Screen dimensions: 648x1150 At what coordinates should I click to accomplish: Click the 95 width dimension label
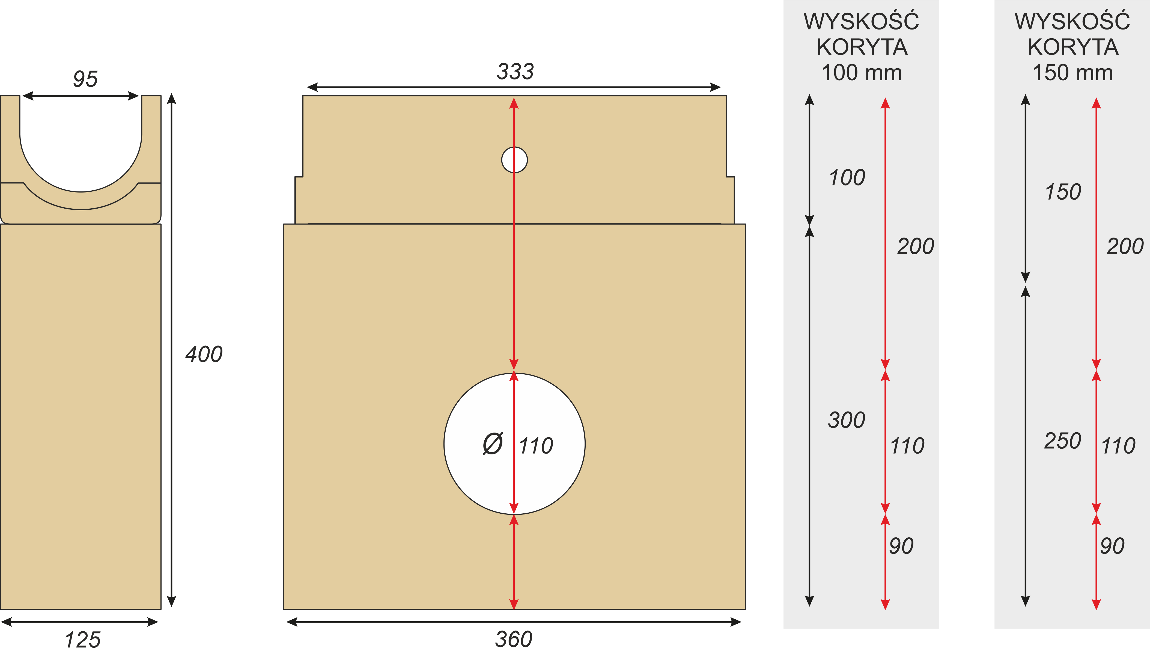(x=85, y=79)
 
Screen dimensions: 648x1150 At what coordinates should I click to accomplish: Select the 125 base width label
(x=83, y=639)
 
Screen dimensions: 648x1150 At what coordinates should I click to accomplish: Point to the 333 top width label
(x=515, y=72)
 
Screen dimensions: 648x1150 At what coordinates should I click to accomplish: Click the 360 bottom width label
(x=514, y=639)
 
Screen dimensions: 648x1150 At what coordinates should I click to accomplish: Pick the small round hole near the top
(x=514, y=160)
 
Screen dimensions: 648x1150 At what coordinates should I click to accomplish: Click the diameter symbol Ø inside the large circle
(x=493, y=444)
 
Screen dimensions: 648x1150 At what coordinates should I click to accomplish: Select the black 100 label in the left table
(x=847, y=177)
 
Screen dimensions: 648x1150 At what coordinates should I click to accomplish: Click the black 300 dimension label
(x=847, y=420)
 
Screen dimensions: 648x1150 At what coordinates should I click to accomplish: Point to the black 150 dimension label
(x=1063, y=192)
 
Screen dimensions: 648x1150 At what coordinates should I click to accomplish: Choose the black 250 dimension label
(x=1062, y=441)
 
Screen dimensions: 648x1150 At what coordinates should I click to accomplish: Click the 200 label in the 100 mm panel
(x=916, y=246)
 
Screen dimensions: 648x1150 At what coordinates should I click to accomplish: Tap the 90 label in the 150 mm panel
(x=1112, y=546)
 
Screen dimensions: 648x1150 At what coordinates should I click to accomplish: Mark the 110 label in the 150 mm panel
(x=1118, y=446)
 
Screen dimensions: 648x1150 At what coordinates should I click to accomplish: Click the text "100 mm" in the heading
(x=862, y=72)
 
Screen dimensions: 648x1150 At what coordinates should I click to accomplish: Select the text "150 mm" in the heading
(x=1073, y=72)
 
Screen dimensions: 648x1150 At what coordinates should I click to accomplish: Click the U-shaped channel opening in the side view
(x=81, y=143)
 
